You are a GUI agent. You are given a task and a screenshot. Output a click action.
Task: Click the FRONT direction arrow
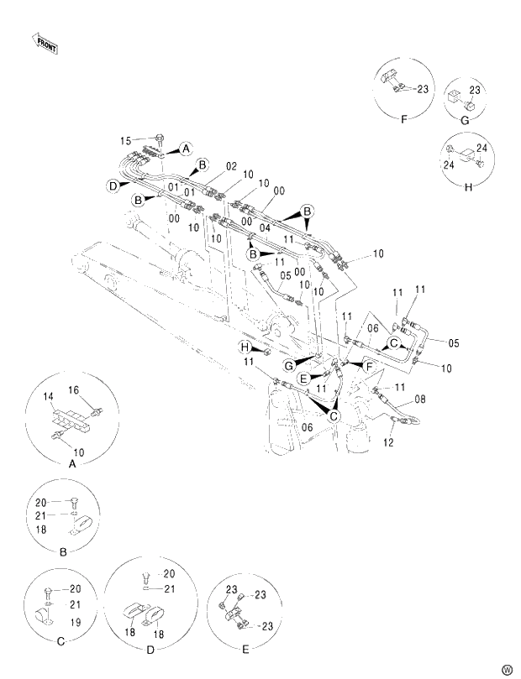(45, 43)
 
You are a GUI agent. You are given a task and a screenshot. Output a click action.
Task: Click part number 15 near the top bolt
(126, 140)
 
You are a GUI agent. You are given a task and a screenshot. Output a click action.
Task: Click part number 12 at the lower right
(388, 442)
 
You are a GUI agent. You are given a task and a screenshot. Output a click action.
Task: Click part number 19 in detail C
(74, 622)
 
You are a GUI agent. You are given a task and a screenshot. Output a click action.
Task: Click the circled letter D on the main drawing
(112, 185)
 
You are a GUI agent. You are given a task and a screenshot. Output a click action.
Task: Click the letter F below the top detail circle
(403, 119)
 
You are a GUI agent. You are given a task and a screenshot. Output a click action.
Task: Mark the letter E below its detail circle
(245, 650)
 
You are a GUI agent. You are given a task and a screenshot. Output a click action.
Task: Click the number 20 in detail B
(41, 503)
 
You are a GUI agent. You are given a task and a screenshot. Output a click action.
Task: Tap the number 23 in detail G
(475, 89)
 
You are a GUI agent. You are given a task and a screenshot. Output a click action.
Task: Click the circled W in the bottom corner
(506, 669)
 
